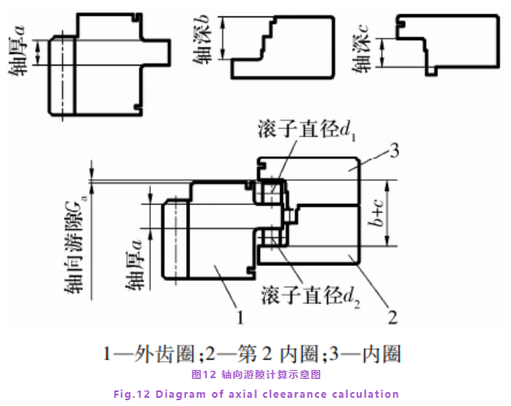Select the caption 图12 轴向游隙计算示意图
[255, 375]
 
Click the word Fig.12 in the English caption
[131, 394]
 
